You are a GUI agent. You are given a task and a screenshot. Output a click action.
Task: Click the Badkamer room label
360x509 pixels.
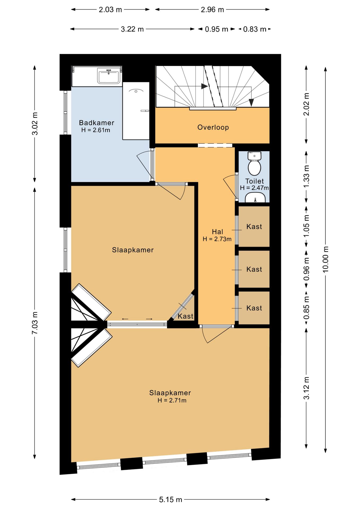click(96, 123)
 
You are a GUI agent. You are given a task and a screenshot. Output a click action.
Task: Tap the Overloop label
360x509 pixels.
click(213, 127)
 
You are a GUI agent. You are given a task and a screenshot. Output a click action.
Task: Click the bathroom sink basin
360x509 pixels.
click(108, 76)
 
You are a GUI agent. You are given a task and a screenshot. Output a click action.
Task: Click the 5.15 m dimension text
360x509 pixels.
click(170, 500)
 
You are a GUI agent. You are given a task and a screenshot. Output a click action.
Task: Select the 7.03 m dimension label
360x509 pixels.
click(35, 323)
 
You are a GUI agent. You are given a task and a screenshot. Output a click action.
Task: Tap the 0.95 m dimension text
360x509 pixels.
click(217, 29)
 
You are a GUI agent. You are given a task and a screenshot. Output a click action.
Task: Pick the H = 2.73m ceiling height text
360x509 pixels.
click(217, 239)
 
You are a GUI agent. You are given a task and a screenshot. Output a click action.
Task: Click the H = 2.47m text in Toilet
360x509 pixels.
click(254, 188)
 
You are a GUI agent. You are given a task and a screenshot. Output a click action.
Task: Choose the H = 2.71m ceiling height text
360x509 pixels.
click(172, 400)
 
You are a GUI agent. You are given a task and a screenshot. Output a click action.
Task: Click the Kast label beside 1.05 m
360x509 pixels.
click(254, 227)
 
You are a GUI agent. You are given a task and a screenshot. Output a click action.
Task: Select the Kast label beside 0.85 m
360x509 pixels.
click(254, 308)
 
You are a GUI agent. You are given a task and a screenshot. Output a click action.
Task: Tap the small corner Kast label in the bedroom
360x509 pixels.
click(186, 316)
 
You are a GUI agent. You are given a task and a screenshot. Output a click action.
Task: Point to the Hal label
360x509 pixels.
click(217, 232)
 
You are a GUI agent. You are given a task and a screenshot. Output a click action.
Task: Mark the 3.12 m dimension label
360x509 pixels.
click(306, 388)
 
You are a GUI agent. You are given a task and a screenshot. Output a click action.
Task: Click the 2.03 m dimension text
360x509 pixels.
click(110, 10)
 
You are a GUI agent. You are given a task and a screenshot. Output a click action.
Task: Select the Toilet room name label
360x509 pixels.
click(254, 181)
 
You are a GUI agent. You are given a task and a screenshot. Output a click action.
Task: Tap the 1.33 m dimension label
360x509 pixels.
click(306, 176)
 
